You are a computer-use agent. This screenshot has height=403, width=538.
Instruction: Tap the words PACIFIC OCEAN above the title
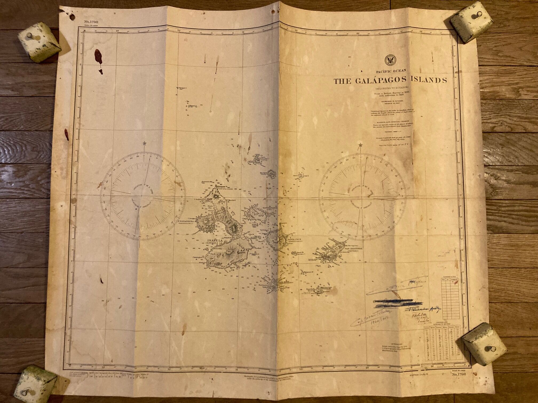coord(391,71)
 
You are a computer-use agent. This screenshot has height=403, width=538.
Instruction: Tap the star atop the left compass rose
coord(144,144)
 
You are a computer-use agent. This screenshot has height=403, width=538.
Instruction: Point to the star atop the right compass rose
coord(361,145)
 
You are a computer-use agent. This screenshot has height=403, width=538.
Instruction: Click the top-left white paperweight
coord(39,42)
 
